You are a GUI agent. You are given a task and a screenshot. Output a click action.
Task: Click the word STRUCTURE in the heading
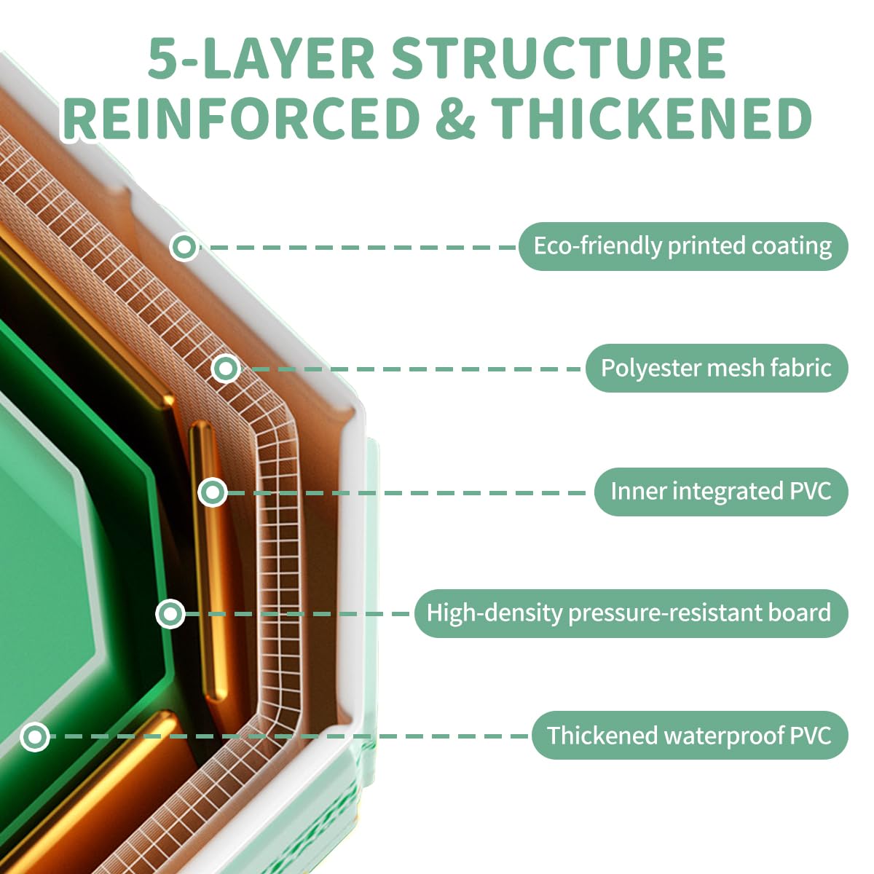tap(559, 58)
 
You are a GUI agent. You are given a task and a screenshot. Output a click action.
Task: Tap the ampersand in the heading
tap(455, 117)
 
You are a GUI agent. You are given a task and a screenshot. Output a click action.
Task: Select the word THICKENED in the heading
tap(651, 117)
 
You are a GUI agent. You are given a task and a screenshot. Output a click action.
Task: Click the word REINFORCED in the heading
tap(241, 117)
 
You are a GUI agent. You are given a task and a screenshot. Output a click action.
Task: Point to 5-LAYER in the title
tap(261, 58)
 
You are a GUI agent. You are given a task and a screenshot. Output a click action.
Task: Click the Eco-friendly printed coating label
tap(683, 246)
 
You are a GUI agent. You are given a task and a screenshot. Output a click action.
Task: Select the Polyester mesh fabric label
tap(717, 368)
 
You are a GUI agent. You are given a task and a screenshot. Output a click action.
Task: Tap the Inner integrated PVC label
tap(721, 492)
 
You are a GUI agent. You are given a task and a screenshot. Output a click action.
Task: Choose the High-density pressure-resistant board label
tap(631, 613)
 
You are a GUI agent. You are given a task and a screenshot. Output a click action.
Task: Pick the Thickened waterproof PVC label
tap(690, 735)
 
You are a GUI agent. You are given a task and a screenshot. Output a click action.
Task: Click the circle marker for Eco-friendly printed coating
tap(184, 247)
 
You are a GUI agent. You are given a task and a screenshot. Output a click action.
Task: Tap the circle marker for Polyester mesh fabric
tap(225, 369)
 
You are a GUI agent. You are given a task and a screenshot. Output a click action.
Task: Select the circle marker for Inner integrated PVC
tap(212, 492)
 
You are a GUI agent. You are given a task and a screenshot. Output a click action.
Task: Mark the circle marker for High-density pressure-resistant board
tap(170, 614)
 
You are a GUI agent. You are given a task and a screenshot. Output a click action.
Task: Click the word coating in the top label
tap(792, 247)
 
